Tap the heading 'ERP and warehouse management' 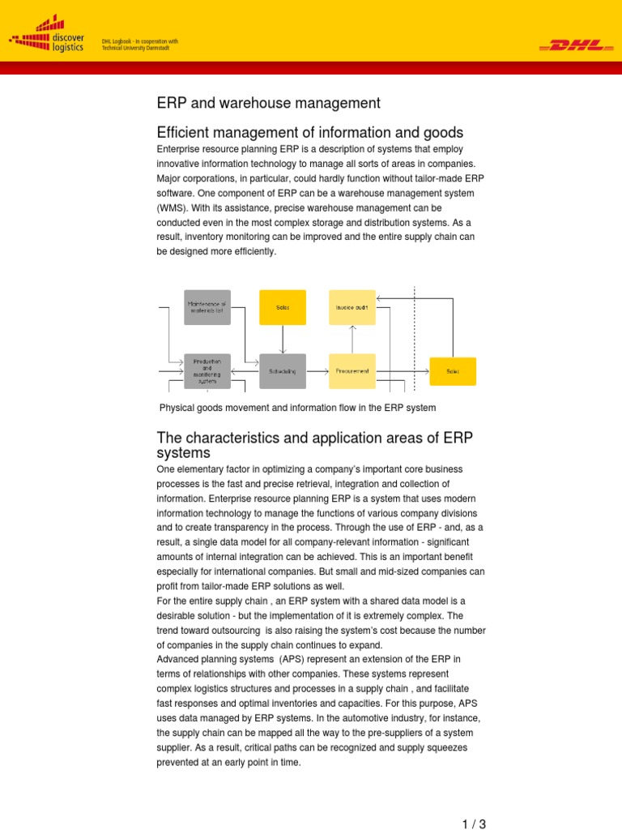pos(268,103)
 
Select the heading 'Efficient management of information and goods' pos(310,132)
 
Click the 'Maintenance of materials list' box pos(207,307)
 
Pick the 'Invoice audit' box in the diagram pos(352,307)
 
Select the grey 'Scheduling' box pos(283,371)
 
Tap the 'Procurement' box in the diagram pos(352,371)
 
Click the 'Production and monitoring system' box pos(207,371)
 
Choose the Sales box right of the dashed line pos(453,371)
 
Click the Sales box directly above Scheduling pos(283,307)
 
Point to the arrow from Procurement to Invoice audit pos(352,339)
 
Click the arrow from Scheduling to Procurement pos(317,371)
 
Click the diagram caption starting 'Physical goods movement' pos(297,408)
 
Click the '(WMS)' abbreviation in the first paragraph pos(171,207)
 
